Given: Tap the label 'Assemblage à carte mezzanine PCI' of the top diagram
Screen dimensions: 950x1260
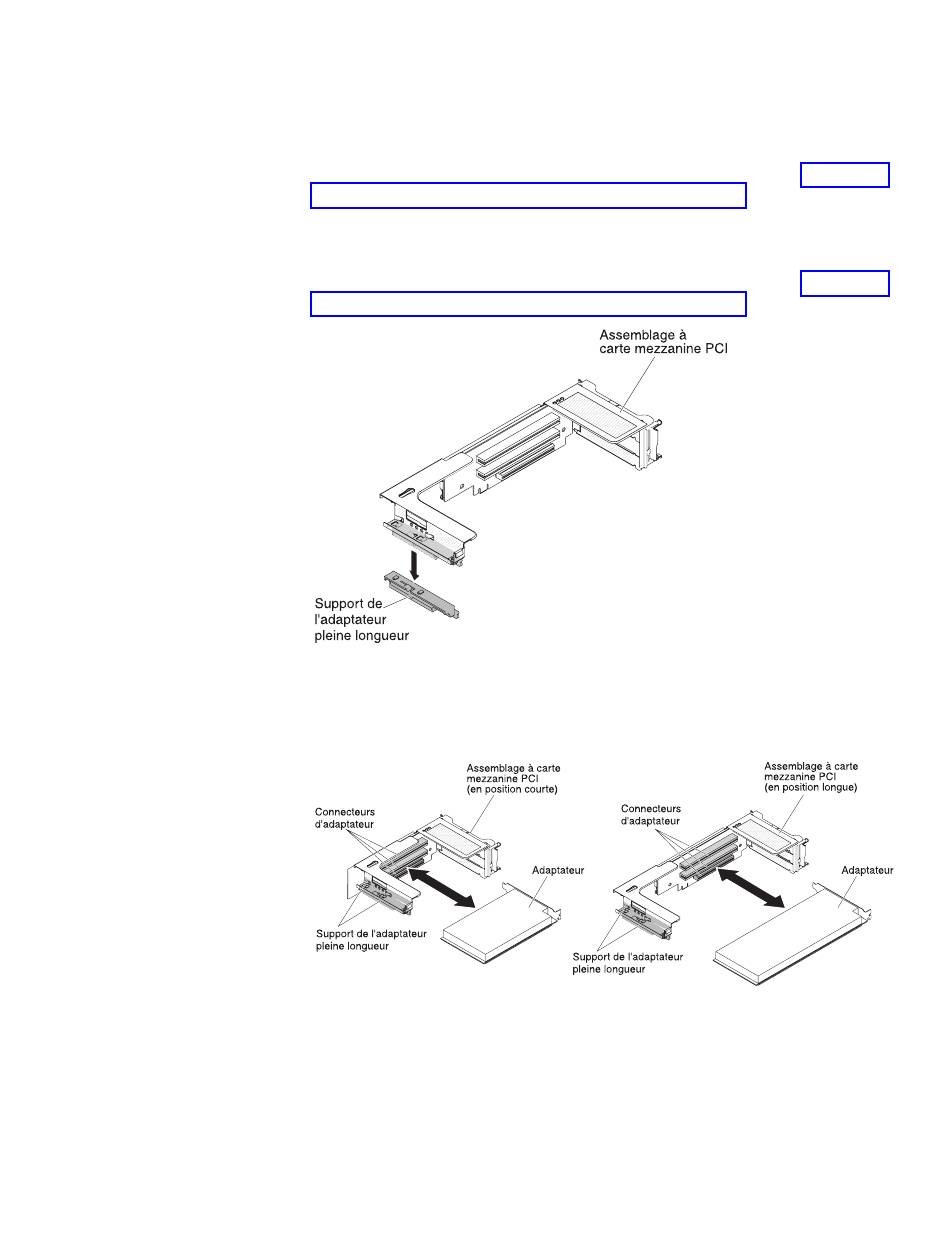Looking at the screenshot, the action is tap(663, 342).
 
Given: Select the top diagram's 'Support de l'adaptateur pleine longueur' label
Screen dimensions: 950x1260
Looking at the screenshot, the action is tap(361, 620).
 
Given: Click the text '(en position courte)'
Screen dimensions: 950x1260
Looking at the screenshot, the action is tap(511, 789).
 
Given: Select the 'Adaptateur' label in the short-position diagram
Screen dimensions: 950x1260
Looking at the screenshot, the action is tap(557, 870).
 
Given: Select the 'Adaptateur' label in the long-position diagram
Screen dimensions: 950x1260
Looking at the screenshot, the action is tap(867, 870).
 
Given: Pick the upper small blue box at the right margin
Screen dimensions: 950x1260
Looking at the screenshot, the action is tap(844, 175).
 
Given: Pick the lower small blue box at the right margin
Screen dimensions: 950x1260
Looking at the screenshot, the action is tap(844, 284).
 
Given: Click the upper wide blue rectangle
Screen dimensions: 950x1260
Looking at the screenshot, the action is tap(528, 196).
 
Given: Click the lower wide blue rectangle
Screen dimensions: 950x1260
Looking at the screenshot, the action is tap(528, 304).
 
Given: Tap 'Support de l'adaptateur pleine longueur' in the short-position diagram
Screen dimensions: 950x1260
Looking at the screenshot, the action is tap(371, 940).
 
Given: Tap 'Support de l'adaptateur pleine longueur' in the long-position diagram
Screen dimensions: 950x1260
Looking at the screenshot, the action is tap(627, 963).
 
